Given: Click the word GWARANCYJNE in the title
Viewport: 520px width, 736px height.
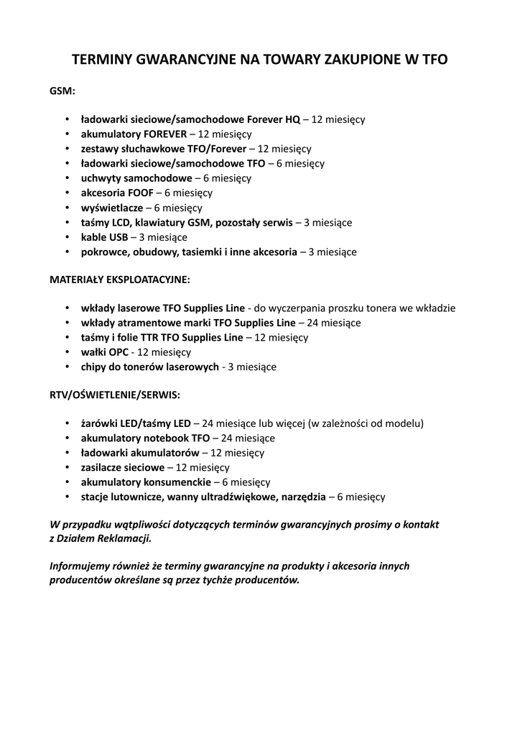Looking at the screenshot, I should click(x=175, y=60).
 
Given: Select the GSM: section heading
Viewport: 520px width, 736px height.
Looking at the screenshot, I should click(x=62, y=91).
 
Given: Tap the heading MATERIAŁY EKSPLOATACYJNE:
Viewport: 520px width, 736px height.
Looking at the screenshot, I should click(x=120, y=279).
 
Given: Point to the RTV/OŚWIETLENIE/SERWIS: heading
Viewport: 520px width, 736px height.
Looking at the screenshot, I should click(x=115, y=395).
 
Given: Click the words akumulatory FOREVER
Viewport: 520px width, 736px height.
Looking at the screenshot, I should click(x=134, y=134).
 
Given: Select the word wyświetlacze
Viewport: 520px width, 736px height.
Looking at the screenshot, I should click(x=111, y=208).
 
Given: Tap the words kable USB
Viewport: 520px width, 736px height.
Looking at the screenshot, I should click(x=104, y=237).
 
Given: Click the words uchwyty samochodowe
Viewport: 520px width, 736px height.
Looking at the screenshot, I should click(x=136, y=178).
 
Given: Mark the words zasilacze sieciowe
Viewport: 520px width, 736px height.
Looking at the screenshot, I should click(x=122, y=467).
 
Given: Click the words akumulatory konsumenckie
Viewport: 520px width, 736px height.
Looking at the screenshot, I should click(x=146, y=482).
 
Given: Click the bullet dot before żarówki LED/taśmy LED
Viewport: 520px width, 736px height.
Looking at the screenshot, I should click(x=66, y=423).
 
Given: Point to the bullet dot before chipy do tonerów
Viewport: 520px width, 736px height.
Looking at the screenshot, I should click(x=66, y=367).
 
